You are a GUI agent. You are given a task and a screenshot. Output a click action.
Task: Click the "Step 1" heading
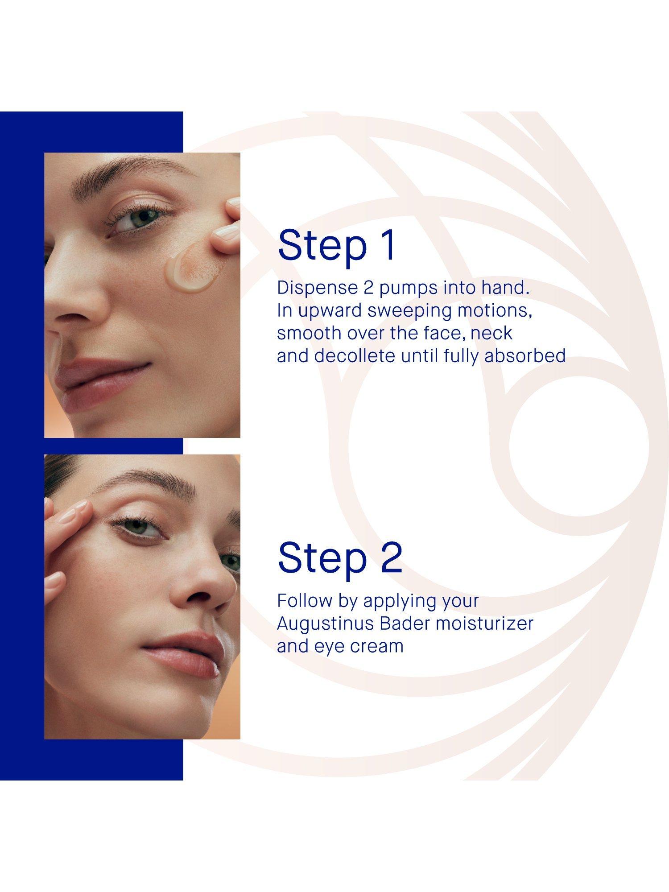pos(337,245)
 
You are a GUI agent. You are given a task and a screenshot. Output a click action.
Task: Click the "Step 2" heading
pos(340,558)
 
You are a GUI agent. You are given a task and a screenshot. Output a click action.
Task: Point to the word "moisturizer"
pos(484,624)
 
